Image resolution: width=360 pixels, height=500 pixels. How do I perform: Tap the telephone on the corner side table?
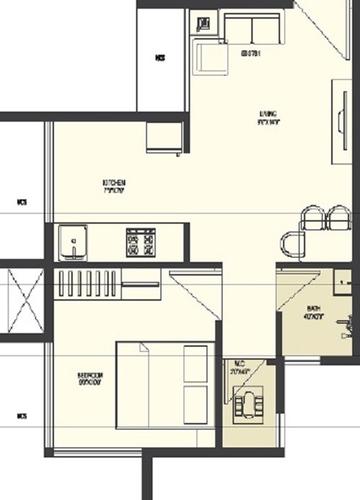pyautogui.click(x=203, y=23)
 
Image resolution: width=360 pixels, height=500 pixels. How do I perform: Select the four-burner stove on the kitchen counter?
pyautogui.click(x=141, y=242)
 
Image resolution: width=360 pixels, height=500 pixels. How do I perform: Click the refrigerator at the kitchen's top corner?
pyautogui.click(x=164, y=137)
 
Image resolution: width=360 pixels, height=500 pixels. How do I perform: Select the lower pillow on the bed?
pyautogui.click(x=194, y=404)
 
